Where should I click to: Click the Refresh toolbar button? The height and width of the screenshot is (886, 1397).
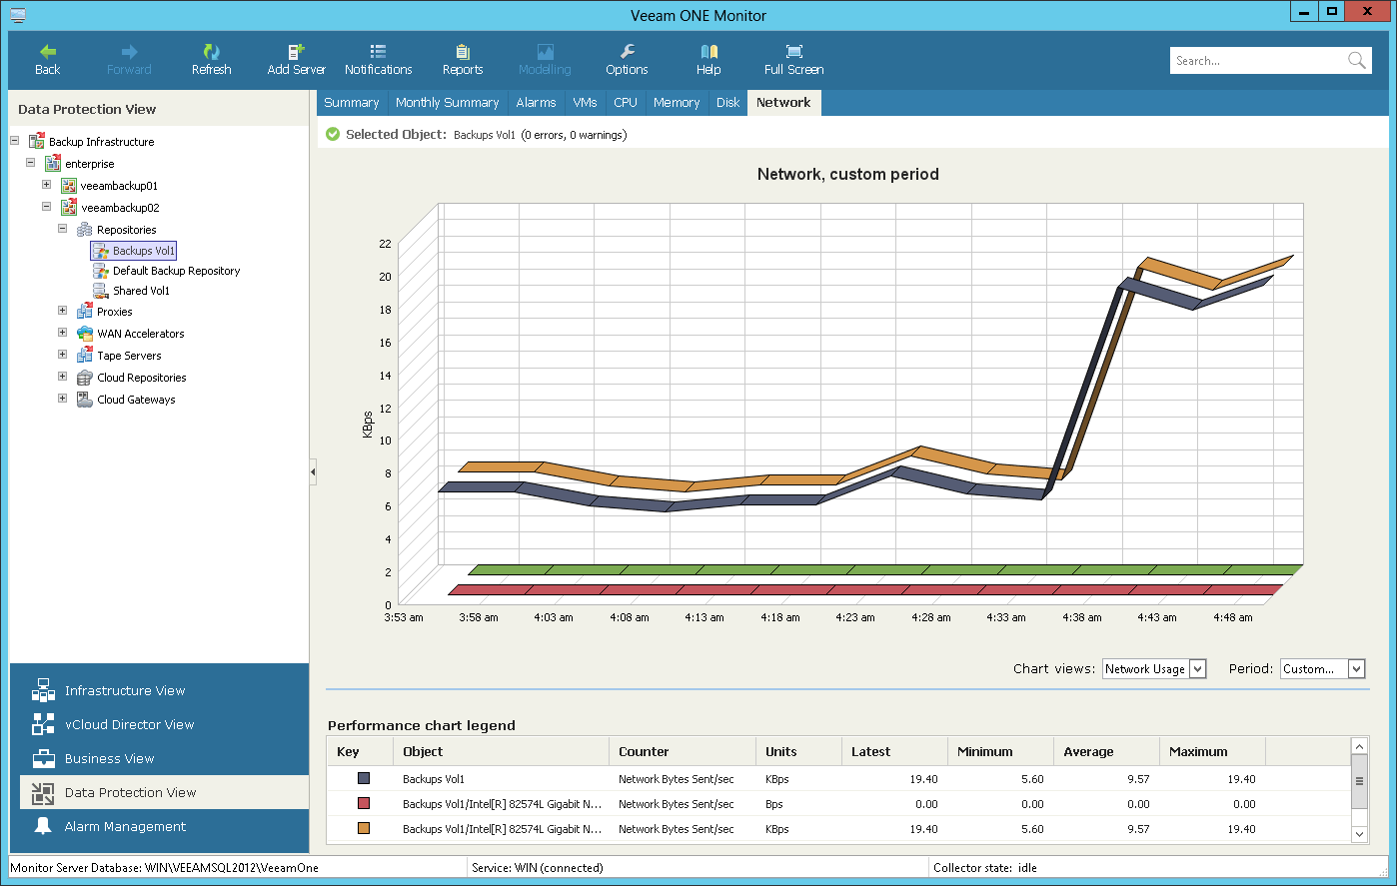coord(211,59)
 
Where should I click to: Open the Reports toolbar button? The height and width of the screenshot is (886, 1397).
coord(462,59)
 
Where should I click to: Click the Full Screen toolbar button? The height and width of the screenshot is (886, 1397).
coord(793,59)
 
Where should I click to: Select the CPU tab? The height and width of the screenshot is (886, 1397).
coord(626,103)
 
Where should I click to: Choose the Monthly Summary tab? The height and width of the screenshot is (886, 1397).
coord(447,103)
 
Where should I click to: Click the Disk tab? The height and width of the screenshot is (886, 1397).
coord(727,103)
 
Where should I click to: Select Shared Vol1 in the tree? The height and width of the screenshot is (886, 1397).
coord(141,291)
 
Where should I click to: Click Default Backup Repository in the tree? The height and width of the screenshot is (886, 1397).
coord(176,271)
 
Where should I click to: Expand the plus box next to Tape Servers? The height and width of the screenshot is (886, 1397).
coord(62,355)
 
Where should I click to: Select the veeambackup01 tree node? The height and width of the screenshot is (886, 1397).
coord(119,186)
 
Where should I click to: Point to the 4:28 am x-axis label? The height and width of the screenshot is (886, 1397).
coord(930,617)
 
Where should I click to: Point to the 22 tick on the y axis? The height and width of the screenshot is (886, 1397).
coord(385,244)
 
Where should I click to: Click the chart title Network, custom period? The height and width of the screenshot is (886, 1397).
coord(847,174)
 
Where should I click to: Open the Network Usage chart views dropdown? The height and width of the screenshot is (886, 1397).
coord(1154,669)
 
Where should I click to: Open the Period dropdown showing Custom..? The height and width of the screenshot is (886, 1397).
coord(1322,669)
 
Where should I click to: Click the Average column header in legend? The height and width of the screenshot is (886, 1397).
coord(1088,752)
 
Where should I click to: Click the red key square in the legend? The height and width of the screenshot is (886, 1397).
coord(364,803)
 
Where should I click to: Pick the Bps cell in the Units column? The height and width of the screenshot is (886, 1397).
coord(774,804)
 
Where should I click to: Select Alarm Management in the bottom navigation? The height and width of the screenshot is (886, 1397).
coord(125,827)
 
